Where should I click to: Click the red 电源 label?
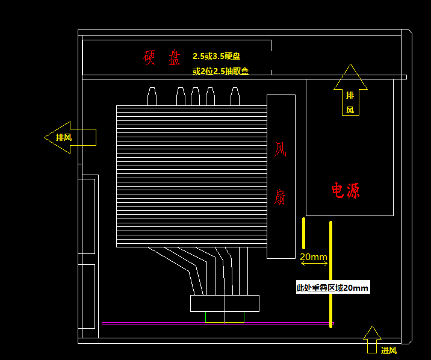click(x=346, y=190)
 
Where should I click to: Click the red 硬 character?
click(x=149, y=57)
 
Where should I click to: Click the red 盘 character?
click(x=175, y=57)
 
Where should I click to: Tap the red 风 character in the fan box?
click(x=281, y=149)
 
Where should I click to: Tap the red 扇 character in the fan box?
click(x=280, y=197)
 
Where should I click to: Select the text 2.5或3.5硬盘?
click(x=217, y=56)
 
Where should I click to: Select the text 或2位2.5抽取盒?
click(x=221, y=71)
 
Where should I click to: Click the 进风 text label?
click(x=389, y=350)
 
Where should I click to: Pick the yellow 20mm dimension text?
click(x=314, y=257)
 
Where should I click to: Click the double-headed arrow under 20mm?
click(x=314, y=264)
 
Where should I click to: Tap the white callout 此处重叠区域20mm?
click(x=333, y=287)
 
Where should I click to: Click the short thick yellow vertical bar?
click(x=303, y=234)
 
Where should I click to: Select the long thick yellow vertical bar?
click(x=330, y=275)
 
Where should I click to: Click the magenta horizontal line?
click(x=218, y=323)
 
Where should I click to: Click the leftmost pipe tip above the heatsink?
click(x=152, y=96)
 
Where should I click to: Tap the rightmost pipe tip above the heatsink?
click(x=235, y=96)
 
